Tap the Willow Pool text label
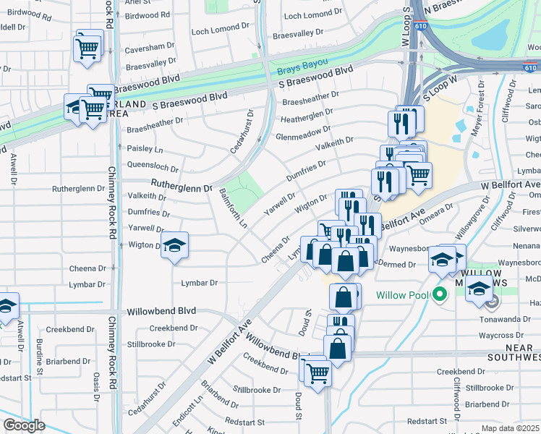click(x=403, y=295)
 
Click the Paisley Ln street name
click(x=145, y=149)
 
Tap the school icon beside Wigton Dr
click(x=174, y=246)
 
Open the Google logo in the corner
click(x=24, y=425)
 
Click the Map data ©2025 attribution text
click(x=509, y=428)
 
